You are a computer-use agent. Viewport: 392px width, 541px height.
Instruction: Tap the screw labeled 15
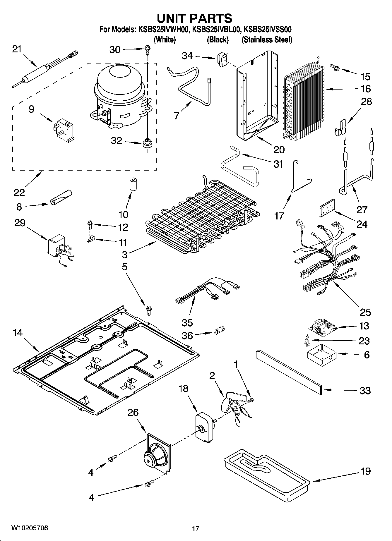click(335, 68)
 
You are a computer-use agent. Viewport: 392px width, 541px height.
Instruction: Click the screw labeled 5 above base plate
click(149, 310)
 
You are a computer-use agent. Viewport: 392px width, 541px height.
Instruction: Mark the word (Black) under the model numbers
click(218, 39)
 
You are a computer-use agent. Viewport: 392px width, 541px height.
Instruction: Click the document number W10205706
click(30, 528)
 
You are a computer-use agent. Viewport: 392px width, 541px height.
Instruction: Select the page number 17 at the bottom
click(196, 528)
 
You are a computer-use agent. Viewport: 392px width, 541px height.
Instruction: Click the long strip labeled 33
click(288, 372)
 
